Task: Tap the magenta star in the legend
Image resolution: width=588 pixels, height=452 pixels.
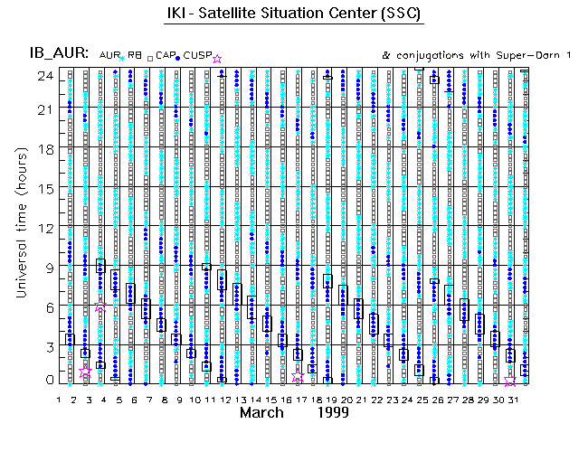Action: pos(217,59)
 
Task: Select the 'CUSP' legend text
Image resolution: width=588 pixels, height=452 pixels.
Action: pos(197,56)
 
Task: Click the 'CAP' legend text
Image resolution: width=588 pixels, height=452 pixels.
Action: pos(165,56)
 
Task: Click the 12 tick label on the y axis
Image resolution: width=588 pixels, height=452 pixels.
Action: pos(42,228)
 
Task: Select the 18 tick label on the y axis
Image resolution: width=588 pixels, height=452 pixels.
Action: pos(42,149)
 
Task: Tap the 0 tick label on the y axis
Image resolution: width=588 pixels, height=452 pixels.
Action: pos(46,381)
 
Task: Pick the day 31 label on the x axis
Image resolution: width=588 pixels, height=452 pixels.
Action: pos(511,398)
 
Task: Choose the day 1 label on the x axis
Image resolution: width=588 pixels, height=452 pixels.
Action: pos(59,398)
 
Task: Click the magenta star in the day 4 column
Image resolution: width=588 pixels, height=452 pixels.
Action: pos(101,307)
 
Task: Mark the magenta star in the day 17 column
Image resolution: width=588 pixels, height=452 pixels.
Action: pos(298,378)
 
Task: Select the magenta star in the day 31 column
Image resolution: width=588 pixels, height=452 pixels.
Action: pos(510,381)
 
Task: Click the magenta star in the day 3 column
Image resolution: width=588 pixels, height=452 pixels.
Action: pos(86,372)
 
